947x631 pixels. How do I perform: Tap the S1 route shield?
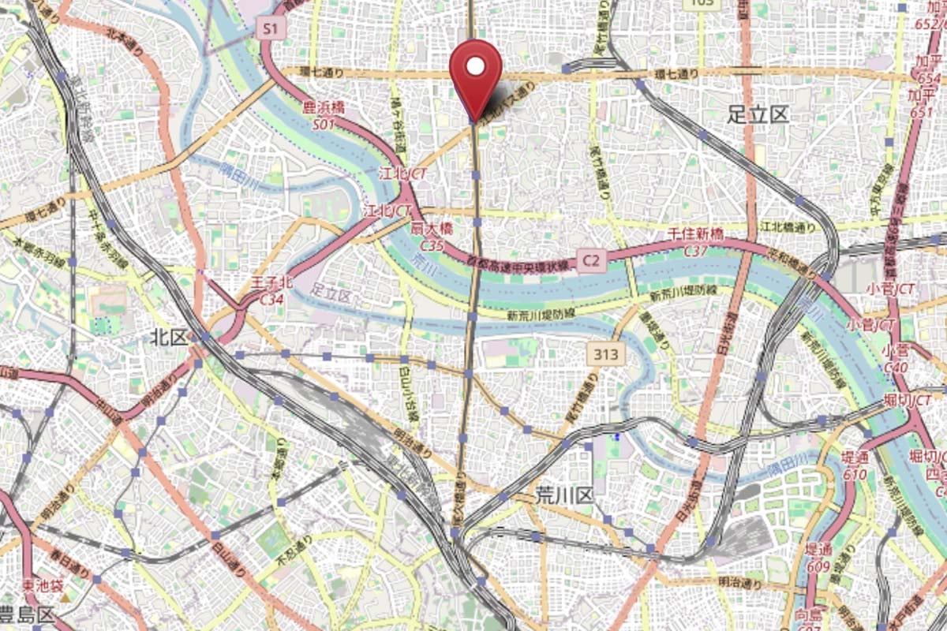pyautogui.click(x=271, y=29)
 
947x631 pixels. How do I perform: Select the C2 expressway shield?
pyautogui.click(x=593, y=259)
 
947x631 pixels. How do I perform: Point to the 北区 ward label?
pyautogui.click(x=170, y=338)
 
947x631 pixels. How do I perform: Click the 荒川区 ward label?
pyautogui.click(x=563, y=495)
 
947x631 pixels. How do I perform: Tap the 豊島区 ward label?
pyautogui.click(x=27, y=614)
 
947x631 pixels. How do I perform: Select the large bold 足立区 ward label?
pyautogui.click(x=758, y=115)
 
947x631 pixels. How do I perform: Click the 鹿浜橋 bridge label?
pyautogui.click(x=323, y=108)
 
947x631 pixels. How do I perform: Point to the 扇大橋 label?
pyautogui.click(x=431, y=229)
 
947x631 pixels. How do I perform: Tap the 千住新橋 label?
pyautogui.click(x=695, y=235)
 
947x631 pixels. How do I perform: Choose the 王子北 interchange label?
pyautogui.click(x=271, y=282)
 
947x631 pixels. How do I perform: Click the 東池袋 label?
pyautogui.click(x=42, y=585)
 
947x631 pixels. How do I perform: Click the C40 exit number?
pyautogui.click(x=896, y=367)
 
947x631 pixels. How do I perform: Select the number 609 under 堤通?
pyautogui.click(x=818, y=566)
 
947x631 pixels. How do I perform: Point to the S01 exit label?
pyautogui.click(x=324, y=125)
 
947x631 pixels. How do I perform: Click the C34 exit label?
pyautogui.click(x=271, y=300)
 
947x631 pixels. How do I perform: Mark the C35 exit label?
pyautogui.click(x=431, y=245)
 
